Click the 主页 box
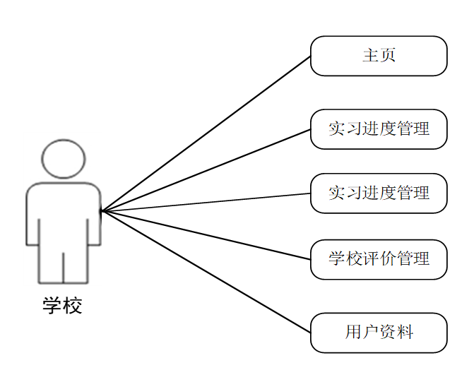(x=379, y=56)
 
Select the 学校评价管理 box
(x=379, y=258)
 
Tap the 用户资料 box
(x=379, y=333)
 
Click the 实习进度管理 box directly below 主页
(x=379, y=129)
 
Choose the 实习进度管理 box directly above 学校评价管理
(x=379, y=193)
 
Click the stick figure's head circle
(x=64, y=159)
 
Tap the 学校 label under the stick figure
(x=63, y=306)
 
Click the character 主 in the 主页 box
(x=370, y=56)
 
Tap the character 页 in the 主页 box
(x=387, y=56)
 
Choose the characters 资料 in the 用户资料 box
(x=396, y=333)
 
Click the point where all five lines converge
(x=102, y=210)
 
